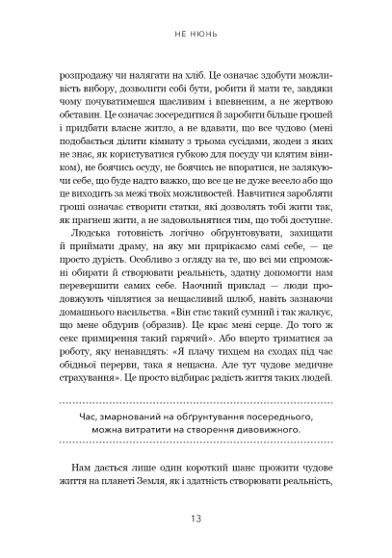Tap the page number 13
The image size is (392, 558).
pos(196,520)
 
